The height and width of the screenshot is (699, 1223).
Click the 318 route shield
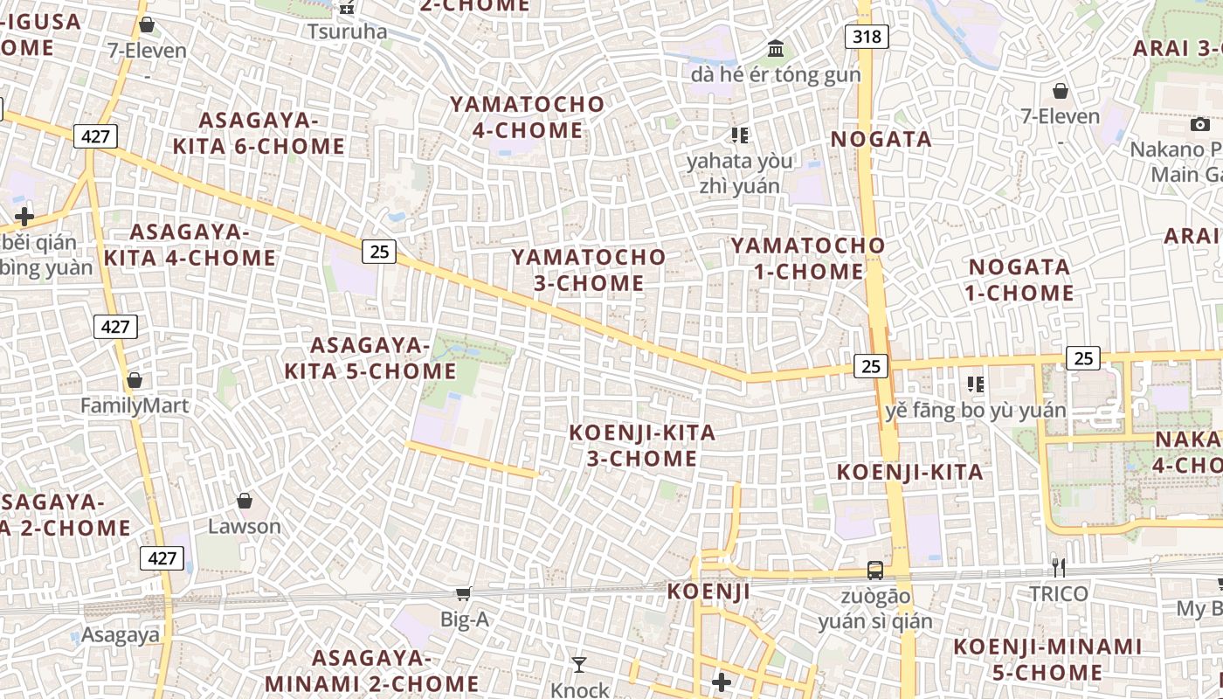click(x=867, y=37)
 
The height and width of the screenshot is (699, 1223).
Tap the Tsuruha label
click(x=347, y=31)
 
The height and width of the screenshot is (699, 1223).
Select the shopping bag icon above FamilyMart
click(x=135, y=380)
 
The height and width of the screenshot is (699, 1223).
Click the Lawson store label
click(x=245, y=526)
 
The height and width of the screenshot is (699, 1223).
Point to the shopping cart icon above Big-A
click(x=464, y=593)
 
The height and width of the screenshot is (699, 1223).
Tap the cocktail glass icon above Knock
click(x=579, y=665)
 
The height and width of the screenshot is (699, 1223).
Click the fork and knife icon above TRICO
click(x=1058, y=568)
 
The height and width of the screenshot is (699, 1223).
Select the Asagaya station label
click(x=121, y=635)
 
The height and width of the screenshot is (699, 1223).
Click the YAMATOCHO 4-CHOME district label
click(x=528, y=117)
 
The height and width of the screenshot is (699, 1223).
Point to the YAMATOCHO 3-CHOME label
click(x=589, y=270)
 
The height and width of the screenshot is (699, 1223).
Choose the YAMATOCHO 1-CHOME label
click(x=809, y=258)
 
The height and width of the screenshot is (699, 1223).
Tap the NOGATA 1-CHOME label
click(x=1019, y=280)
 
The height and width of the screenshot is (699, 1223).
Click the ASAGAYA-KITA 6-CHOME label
click(x=259, y=133)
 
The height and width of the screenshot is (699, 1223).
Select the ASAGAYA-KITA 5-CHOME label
click(x=370, y=358)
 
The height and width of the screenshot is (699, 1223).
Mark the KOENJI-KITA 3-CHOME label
click(x=642, y=446)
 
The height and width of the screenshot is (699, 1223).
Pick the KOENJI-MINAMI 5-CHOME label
click(x=1047, y=660)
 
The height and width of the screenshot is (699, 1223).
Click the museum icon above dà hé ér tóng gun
click(x=776, y=48)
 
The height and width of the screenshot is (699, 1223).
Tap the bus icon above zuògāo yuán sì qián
click(x=875, y=571)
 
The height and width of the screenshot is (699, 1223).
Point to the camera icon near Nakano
click(x=1200, y=124)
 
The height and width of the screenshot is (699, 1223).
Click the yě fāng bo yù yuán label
click(x=975, y=410)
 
